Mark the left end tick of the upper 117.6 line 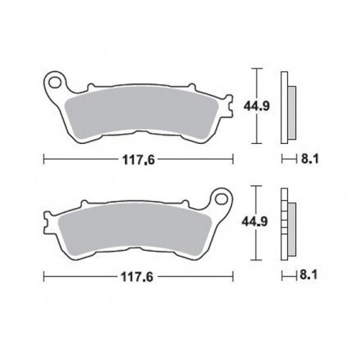(x=43, y=157)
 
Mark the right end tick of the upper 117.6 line (x=233, y=157)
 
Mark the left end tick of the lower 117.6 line (x=43, y=276)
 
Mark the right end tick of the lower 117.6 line (x=233, y=276)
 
